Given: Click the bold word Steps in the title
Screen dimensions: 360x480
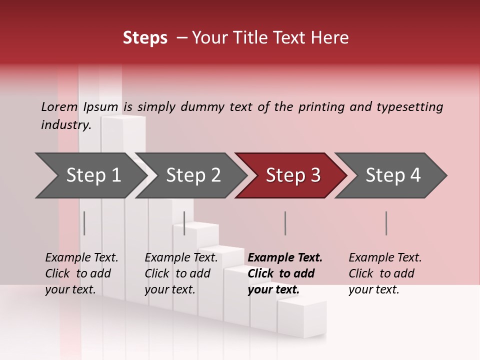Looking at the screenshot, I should pyautogui.click(x=145, y=38).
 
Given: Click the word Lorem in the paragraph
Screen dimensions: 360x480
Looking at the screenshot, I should pyautogui.click(x=59, y=106).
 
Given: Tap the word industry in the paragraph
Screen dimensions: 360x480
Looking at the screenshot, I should pyautogui.click(x=65, y=124).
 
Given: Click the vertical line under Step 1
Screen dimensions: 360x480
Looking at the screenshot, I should pyautogui.click(x=84, y=223).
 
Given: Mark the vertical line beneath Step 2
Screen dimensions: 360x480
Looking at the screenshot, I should pyautogui.click(x=184, y=223).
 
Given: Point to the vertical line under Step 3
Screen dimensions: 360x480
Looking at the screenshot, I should pyautogui.click(x=285, y=223).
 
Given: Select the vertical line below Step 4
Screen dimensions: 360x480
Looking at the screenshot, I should pyautogui.click(x=386, y=223).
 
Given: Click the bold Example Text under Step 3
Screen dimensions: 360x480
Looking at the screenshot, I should pyautogui.click(x=285, y=258).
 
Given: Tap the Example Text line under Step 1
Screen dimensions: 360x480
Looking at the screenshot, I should pyautogui.click(x=81, y=258).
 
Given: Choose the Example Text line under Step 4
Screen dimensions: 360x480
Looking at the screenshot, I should pyautogui.click(x=385, y=258).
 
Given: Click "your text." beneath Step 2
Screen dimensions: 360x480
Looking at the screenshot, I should pyautogui.click(x=170, y=289).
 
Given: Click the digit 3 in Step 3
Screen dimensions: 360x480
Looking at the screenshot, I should pyautogui.click(x=315, y=175).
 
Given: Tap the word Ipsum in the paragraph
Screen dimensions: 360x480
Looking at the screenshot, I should pyautogui.click(x=100, y=106).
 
